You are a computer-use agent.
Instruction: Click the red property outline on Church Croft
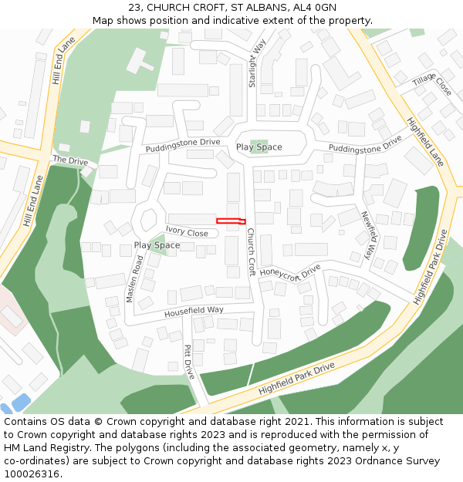[231, 221]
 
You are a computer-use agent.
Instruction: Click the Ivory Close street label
[187, 232]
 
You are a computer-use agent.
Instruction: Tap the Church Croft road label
[251, 251]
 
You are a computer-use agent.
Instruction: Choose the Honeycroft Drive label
[289, 272]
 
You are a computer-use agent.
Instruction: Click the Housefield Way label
[194, 312]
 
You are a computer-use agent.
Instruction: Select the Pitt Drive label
[189, 362]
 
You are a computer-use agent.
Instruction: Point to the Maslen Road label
[139, 278]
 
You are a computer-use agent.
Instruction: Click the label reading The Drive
[70, 160]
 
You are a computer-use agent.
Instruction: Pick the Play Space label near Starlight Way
[259, 147]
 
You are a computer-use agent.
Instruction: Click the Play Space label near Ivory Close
[157, 245]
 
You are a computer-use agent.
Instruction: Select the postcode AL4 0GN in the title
[315, 8]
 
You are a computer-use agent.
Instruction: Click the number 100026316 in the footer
[31, 474]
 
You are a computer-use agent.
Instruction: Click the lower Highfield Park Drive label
[296, 378]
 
